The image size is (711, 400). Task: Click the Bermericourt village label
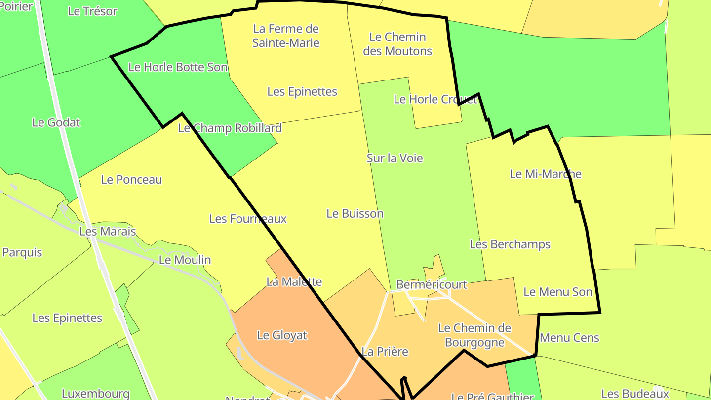coord(432,285)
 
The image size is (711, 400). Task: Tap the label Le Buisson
coord(355,214)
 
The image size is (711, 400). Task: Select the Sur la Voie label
coord(395,158)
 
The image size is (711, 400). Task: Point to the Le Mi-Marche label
coord(545,174)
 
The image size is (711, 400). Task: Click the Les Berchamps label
coord(510,244)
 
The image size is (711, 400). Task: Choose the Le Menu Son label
coord(557,292)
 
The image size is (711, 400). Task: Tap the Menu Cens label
coord(569,338)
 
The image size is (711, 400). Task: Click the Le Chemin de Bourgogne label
coord(474,335)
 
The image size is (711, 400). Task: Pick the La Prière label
coord(385,352)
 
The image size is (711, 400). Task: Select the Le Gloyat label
coord(282,335)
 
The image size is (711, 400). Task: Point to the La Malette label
coord(294,282)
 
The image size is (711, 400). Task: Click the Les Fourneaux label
coord(248,219)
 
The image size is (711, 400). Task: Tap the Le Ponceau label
coord(131,180)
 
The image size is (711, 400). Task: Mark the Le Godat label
coord(56,122)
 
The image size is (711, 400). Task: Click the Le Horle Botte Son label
coord(178,67)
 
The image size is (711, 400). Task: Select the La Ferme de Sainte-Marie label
coord(286,36)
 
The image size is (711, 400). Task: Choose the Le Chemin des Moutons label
coord(397,44)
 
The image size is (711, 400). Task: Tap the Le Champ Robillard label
coord(230,128)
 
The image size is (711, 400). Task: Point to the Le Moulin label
coord(185,260)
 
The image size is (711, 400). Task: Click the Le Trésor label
coord(92,11)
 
